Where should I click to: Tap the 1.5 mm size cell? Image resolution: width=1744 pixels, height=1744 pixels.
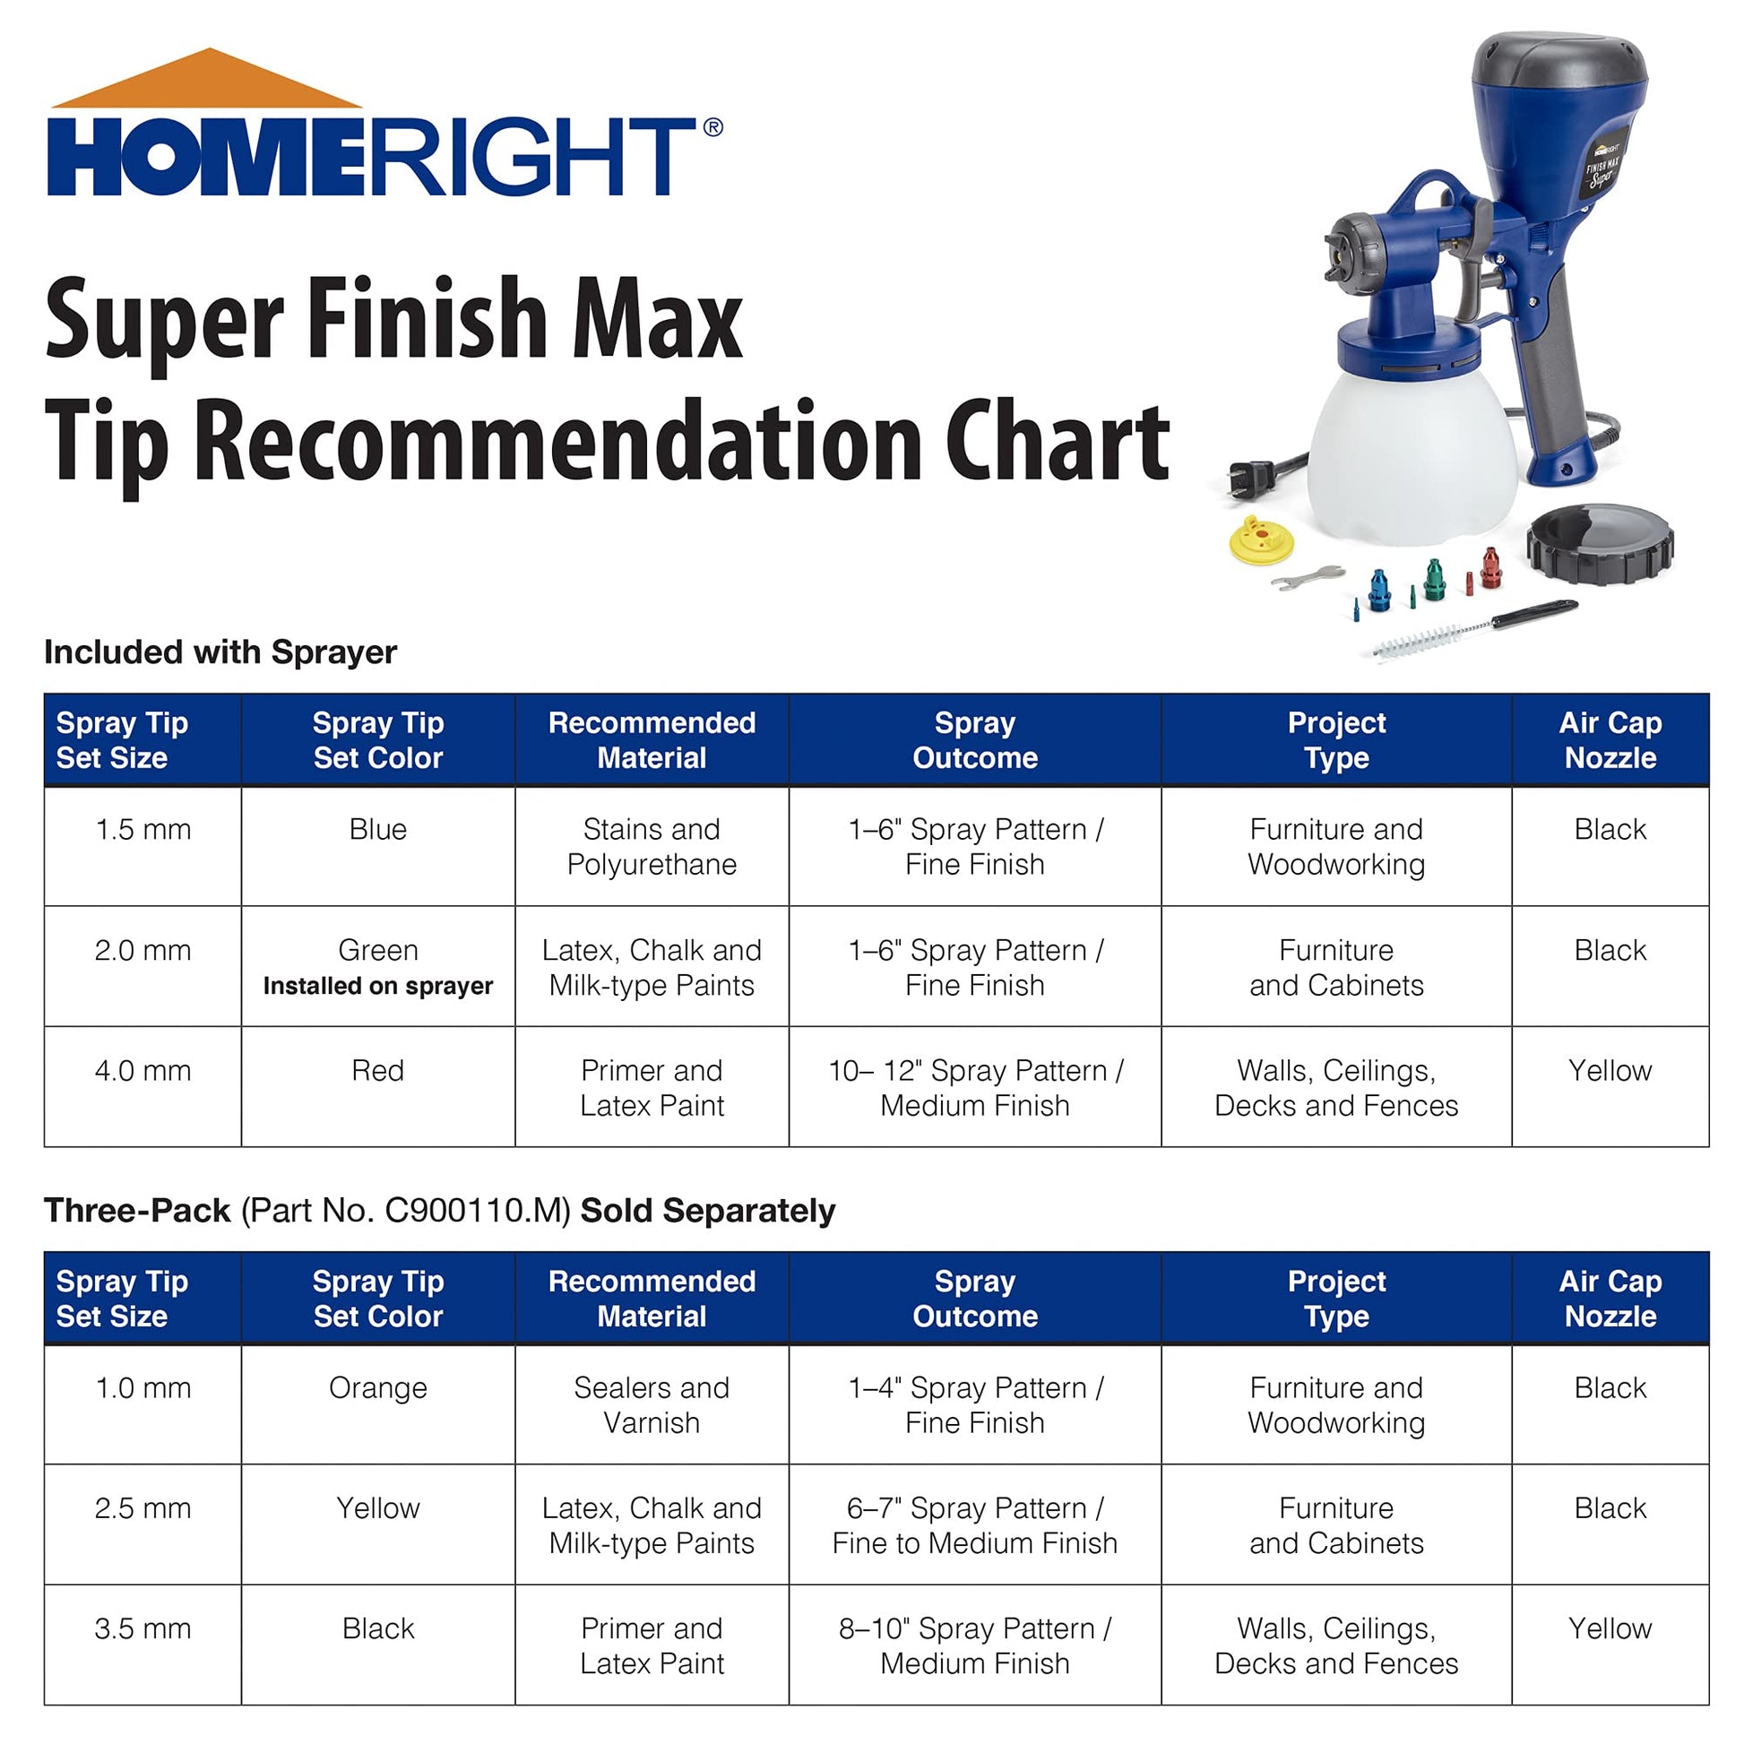142,830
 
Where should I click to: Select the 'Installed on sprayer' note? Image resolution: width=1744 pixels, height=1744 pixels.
377,986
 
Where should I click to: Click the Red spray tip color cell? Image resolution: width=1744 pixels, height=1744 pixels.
377,1071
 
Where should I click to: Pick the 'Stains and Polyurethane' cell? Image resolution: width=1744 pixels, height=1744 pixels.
651,847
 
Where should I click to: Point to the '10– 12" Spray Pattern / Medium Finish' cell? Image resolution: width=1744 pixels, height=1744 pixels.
974,1088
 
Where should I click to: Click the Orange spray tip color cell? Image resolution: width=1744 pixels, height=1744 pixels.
377,1387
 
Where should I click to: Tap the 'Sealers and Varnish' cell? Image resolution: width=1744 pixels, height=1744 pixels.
651,1404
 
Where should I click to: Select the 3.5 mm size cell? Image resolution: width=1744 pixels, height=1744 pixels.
142,1628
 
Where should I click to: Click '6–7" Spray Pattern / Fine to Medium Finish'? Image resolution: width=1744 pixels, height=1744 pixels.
974,1525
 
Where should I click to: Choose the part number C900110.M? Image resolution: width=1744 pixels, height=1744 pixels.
477,1211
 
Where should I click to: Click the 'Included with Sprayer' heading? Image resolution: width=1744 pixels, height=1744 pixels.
220,652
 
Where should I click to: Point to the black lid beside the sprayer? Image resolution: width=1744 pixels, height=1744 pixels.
1600,544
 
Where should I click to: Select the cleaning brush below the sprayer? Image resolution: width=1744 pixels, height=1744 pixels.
1472,629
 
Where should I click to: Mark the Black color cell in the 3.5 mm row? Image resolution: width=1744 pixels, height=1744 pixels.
377,1628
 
